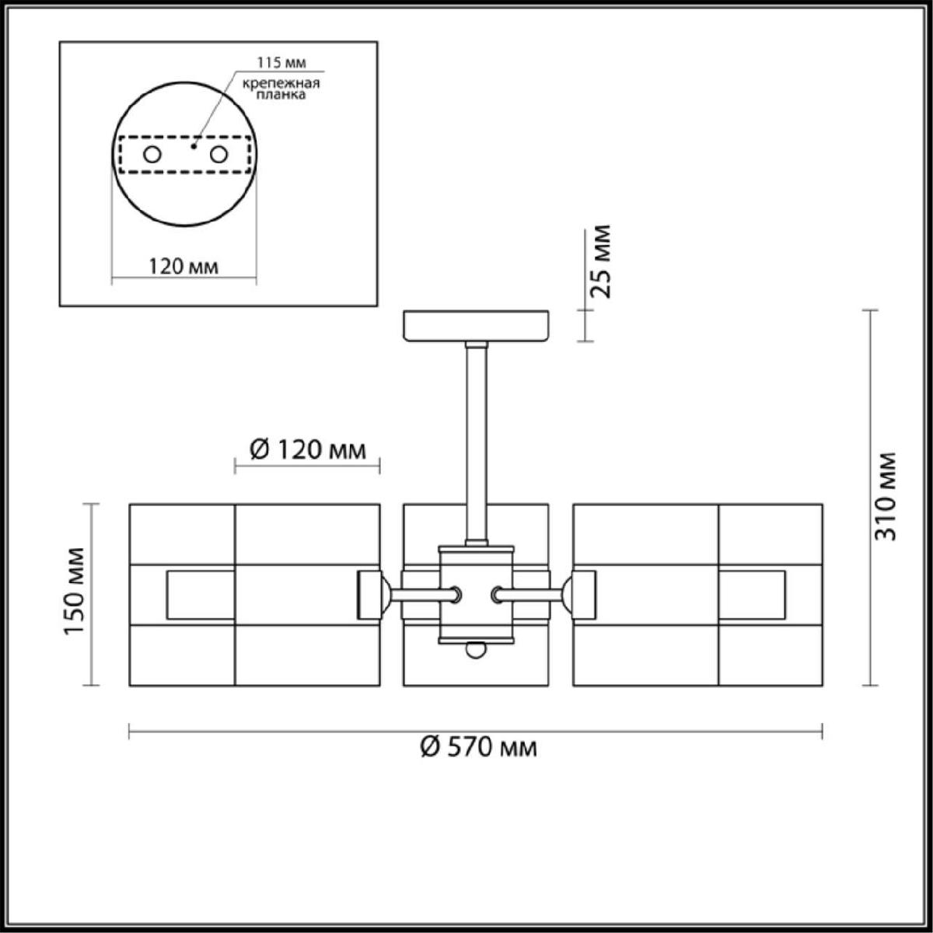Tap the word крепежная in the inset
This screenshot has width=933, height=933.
pyautogui.click(x=281, y=83)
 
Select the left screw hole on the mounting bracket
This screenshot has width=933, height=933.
pyautogui.click(x=152, y=155)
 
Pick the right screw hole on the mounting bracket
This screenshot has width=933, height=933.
pyautogui.click(x=218, y=155)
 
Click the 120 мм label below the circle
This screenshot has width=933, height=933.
pyautogui.click(x=183, y=267)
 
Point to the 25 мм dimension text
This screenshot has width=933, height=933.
pyautogui.click(x=601, y=261)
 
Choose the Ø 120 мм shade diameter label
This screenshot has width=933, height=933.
pyautogui.click(x=307, y=450)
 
